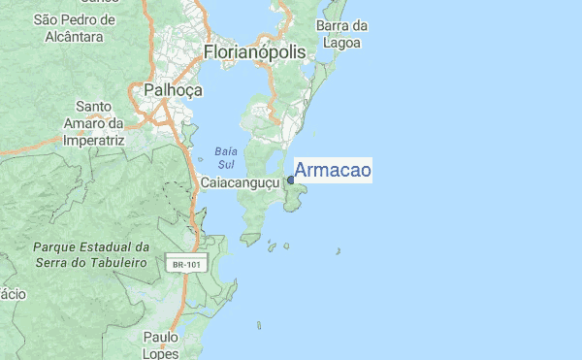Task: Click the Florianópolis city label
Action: pyautogui.click(x=254, y=51)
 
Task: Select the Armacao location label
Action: pyautogui.click(x=332, y=171)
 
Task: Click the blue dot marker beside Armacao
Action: pyautogui.click(x=291, y=180)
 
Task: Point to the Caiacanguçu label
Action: pyautogui.click(x=241, y=181)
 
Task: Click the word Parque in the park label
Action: pyautogui.click(x=54, y=247)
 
